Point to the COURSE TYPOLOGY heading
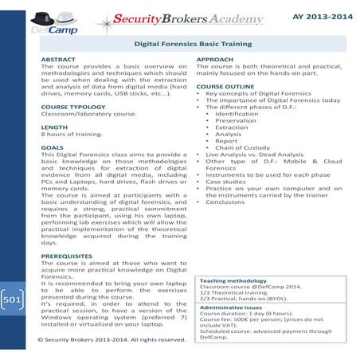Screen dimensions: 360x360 coord(75,107)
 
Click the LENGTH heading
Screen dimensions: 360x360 coord(54,128)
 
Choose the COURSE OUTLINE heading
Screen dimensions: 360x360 coord(229,86)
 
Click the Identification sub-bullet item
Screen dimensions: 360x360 coord(237,115)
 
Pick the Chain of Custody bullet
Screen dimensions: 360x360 coord(241,148)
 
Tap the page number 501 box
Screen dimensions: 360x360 coord(11,301)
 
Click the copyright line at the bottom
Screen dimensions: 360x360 coord(112,340)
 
